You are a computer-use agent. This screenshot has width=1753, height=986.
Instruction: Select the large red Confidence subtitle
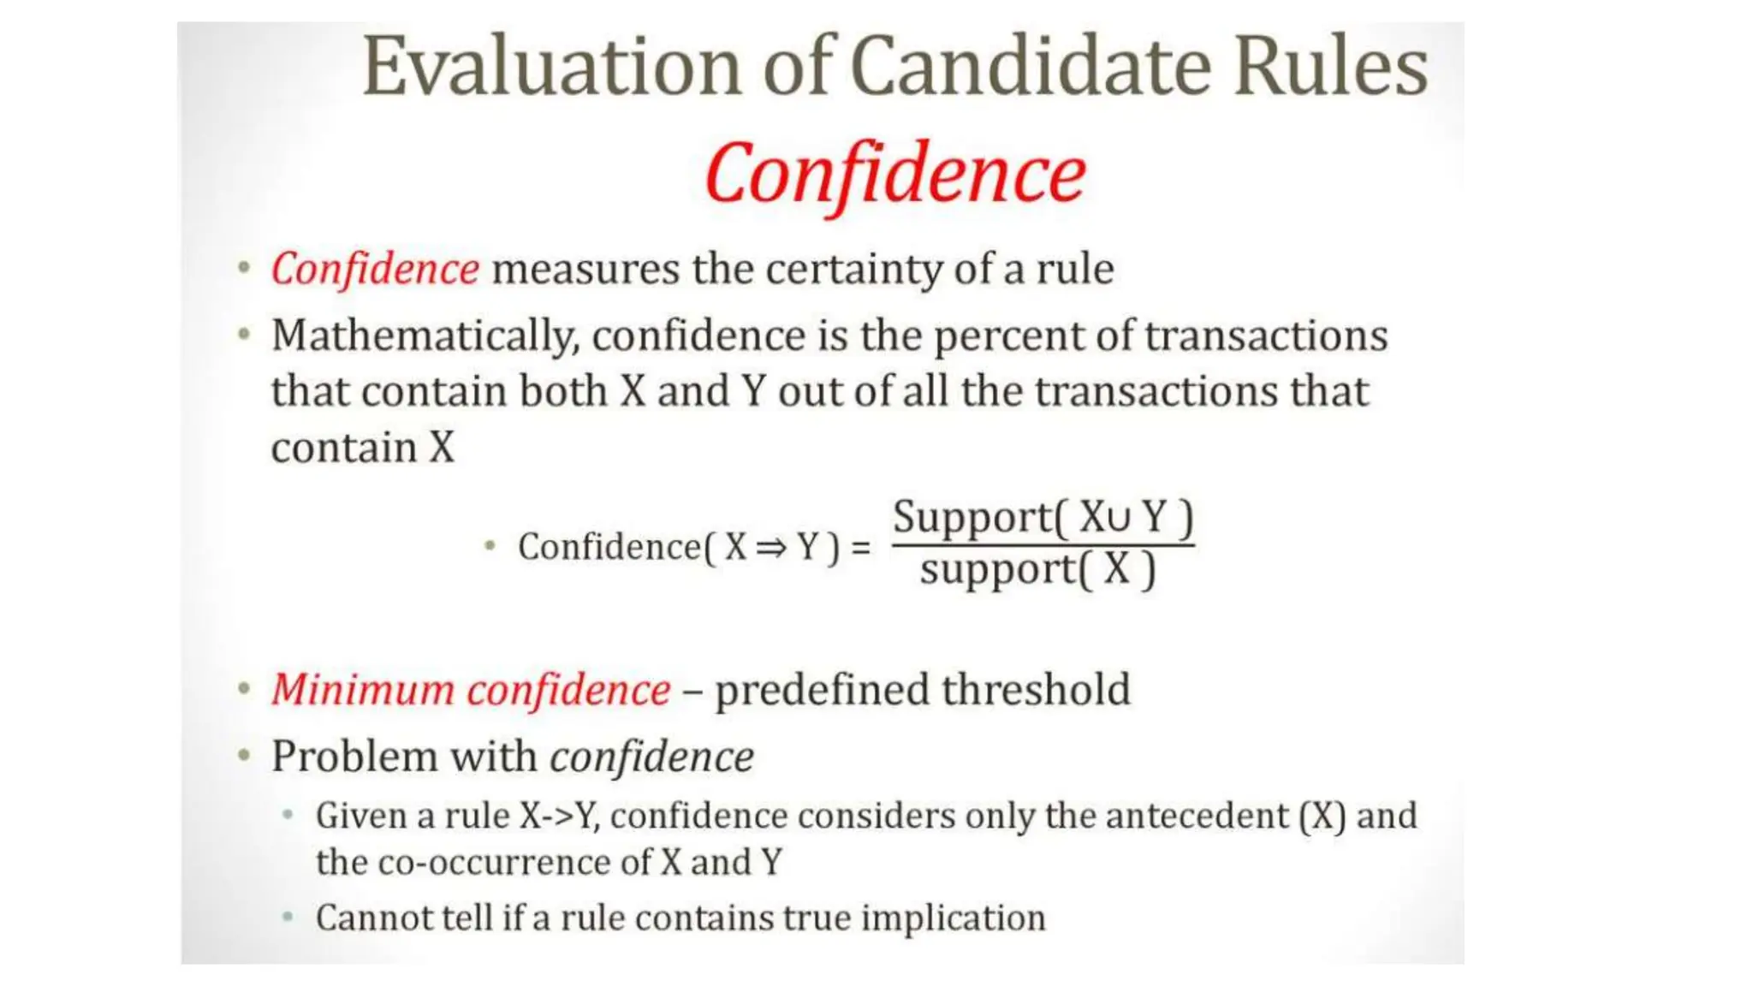coord(895,175)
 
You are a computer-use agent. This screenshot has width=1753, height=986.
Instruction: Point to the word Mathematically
coord(425,336)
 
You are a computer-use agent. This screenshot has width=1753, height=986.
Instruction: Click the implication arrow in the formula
coord(771,547)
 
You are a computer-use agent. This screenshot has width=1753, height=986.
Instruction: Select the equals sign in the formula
coord(861,547)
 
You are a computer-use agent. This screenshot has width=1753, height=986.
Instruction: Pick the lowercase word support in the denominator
coord(997,569)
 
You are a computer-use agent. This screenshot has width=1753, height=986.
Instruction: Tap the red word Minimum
coord(363,690)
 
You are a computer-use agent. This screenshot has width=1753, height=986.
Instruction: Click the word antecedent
coord(1197,816)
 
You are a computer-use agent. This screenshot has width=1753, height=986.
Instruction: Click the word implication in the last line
coord(953,918)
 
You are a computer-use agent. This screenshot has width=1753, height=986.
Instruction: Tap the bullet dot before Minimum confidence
coord(245,688)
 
